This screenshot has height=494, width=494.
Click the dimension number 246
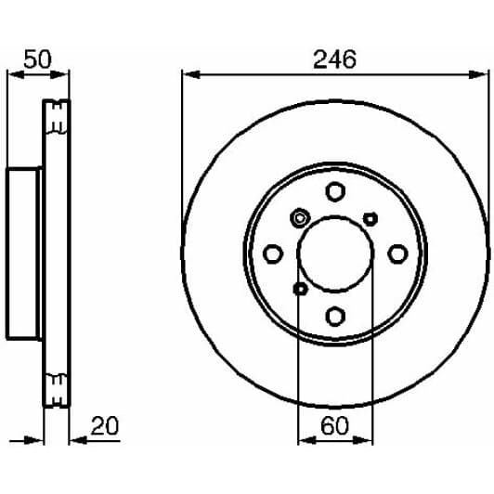[334, 59]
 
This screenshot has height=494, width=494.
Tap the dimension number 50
[37, 59]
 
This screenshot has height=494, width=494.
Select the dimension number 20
[105, 425]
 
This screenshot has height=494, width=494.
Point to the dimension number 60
[334, 425]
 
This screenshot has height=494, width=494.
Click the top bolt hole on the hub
[335, 191]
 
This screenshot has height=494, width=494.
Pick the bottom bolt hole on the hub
[335, 316]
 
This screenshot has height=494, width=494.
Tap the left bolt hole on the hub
[273, 253]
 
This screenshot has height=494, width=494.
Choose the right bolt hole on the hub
[397, 253]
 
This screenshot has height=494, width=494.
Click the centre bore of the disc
[335, 253]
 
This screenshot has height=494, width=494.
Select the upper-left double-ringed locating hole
[300, 217]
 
